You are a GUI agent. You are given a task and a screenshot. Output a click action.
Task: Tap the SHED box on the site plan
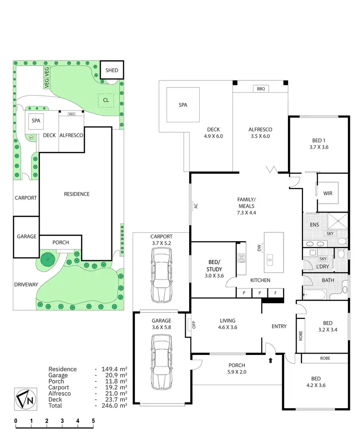(x=111, y=70)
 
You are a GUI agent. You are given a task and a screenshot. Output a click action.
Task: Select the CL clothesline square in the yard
(x=105, y=100)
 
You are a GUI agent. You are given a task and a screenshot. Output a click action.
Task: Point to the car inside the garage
(x=161, y=361)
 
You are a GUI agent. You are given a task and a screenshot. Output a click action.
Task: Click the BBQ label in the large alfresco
(x=261, y=89)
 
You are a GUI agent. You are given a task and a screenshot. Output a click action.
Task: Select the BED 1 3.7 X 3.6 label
(x=318, y=144)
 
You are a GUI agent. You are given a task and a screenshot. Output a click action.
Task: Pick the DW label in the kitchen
(x=259, y=248)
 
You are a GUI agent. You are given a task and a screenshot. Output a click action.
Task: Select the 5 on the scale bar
(x=93, y=422)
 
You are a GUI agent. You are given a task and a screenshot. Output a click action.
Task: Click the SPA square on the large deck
(x=183, y=105)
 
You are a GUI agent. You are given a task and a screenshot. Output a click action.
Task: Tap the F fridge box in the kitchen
(x=276, y=292)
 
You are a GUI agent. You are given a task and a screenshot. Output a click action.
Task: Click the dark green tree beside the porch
(x=47, y=260)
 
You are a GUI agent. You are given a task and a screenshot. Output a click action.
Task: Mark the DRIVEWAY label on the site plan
(x=26, y=284)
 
